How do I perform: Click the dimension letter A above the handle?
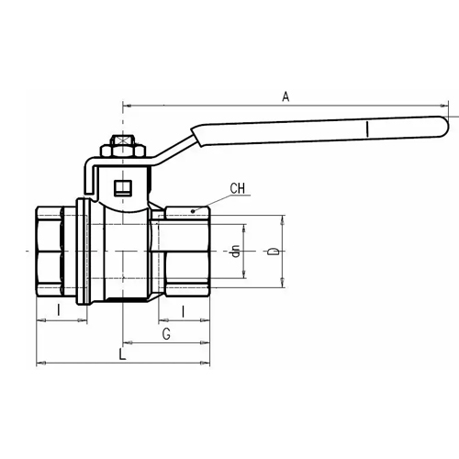285,96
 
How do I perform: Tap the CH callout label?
238,188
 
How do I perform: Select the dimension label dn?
235,251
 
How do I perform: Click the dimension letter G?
166,334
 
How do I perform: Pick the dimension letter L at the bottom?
122,354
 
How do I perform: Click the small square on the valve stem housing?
123,188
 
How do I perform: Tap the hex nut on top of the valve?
123,151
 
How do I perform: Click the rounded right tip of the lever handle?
445,126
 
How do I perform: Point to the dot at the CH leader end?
193,211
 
